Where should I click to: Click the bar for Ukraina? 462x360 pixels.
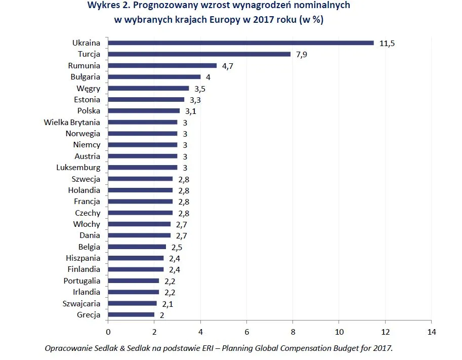tap(240, 43)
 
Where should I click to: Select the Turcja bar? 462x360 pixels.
tap(199, 54)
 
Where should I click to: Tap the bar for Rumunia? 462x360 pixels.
tap(162, 65)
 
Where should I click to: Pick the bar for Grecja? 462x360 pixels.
tap(131, 315)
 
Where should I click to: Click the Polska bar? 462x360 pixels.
tap(144, 111)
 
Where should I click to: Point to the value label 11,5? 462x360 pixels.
tap(387, 44)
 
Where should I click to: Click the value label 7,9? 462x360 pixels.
tap(302, 55)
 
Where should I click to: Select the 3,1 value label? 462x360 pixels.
tap(191, 111)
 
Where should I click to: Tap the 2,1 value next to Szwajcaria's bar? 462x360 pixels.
tap(167, 304)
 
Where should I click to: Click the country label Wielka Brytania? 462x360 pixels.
tap(72, 122)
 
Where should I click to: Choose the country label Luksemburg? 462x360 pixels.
tap(78, 168)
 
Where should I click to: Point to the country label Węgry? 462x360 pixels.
tap(88, 88)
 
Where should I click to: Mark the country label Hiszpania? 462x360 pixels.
tap(83, 258)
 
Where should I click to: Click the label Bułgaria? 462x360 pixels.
tap(86, 77)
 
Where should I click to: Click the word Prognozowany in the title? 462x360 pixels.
tap(163, 6)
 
